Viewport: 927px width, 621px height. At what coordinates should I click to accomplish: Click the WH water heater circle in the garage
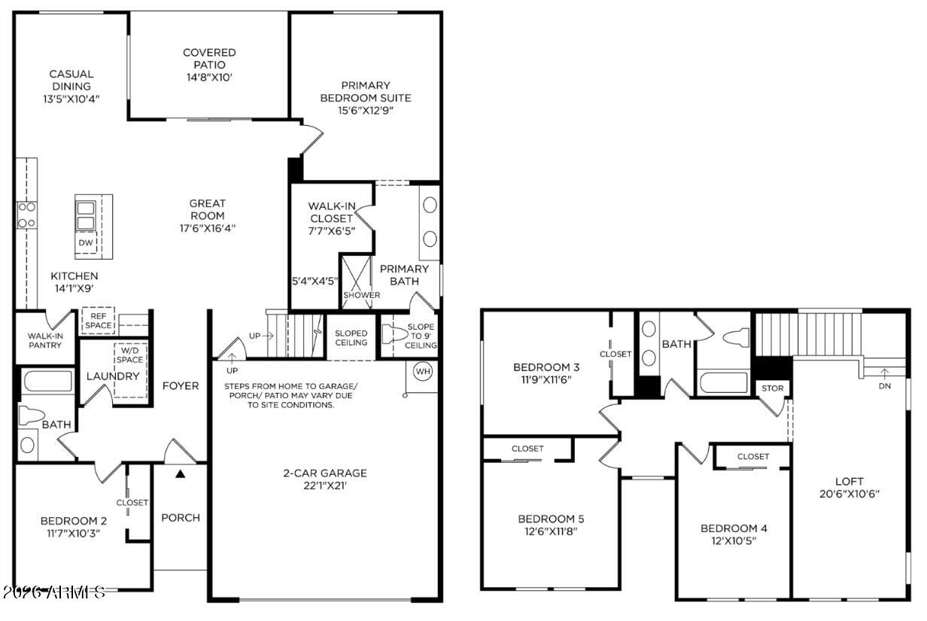click(x=423, y=371)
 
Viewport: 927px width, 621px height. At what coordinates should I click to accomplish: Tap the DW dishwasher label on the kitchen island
click(x=86, y=242)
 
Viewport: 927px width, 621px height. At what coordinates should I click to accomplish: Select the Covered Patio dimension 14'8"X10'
click(x=209, y=78)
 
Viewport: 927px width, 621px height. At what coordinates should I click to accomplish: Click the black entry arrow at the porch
click(x=180, y=473)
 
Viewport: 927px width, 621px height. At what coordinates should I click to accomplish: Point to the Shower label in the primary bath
click(x=362, y=295)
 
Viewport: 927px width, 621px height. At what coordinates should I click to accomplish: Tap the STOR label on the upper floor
click(x=773, y=388)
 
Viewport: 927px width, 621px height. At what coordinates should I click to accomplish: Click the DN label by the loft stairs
click(x=884, y=386)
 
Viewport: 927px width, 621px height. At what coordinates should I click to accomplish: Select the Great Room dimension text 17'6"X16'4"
click(x=208, y=228)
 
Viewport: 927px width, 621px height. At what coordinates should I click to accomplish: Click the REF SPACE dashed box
click(x=98, y=321)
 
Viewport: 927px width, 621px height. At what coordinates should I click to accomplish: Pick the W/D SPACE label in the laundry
click(x=130, y=355)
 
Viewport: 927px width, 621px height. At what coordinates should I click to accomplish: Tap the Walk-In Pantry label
click(x=45, y=340)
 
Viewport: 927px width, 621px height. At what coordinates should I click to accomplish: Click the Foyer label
click(x=181, y=386)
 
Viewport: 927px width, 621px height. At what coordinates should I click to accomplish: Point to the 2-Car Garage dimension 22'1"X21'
click(x=325, y=486)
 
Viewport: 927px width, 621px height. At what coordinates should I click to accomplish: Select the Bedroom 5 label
click(x=551, y=519)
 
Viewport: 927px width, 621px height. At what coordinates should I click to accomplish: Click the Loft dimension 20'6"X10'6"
click(x=849, y=494)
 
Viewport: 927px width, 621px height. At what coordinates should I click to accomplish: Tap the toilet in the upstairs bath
click(x=737, y=337)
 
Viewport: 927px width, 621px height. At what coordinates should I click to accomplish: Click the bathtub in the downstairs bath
click(x=47, y=381)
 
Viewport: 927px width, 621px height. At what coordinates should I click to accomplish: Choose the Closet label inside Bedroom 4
click(x=753, y=457)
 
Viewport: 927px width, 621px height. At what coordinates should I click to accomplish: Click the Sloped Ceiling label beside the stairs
click(x=351, y=338)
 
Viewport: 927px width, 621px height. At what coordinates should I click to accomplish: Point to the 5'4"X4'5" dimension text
click(x=315, y=282)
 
